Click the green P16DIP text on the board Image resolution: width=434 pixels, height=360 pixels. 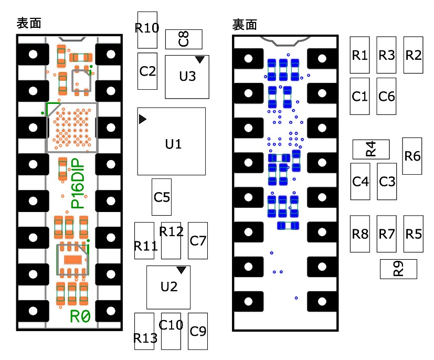point(78,183)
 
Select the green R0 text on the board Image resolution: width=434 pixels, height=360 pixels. point(80,316)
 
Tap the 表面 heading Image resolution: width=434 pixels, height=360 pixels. point(29,23)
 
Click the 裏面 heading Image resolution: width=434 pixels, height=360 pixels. point(245,25)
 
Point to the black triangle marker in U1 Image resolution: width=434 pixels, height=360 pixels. point(142,119)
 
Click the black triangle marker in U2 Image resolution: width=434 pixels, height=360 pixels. point(181,270)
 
